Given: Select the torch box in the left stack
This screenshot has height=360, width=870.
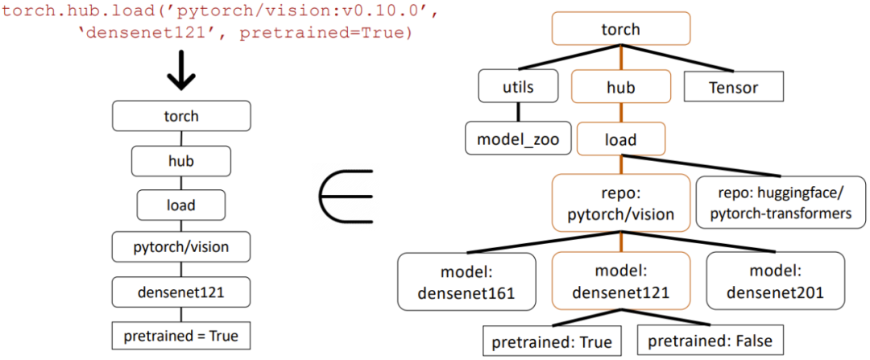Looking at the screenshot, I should click(180, 117).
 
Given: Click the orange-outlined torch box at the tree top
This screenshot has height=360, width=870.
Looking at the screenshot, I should click(620, 29).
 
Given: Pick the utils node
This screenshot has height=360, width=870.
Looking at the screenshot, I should click(518, 87).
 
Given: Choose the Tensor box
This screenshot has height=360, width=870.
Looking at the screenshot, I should click(734, 87).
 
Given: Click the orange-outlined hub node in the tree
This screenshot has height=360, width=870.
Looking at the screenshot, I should click(620, 87).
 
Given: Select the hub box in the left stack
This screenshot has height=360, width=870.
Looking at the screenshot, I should click(180, 161).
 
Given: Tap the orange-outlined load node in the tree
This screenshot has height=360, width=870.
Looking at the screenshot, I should click(620, 139).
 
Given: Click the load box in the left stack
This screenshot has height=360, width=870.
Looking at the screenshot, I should click(180, 205).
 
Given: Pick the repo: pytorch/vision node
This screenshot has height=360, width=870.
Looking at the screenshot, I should click(620, 202).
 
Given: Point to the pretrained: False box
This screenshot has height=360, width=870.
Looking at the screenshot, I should click(710, 341).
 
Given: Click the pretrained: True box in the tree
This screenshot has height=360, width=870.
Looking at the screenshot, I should click(553, 341).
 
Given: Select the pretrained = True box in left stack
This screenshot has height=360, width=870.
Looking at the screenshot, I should click(180, 336).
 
